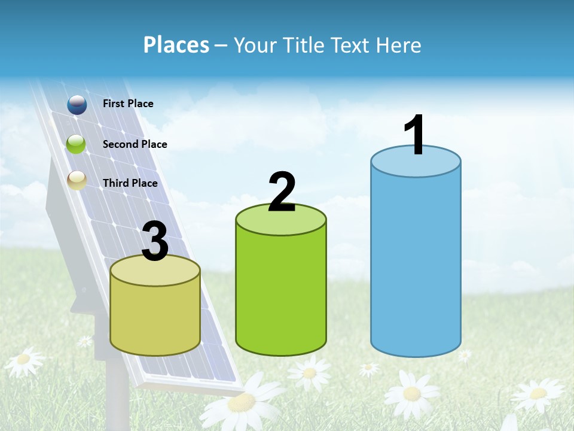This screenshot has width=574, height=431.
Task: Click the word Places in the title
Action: pyautogui.click(x=176, y=45)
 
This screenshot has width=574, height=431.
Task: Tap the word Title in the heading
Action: pyautogui.click(x=303, y=45)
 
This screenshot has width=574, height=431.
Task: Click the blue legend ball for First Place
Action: pyautogui.click(x=77, y=105)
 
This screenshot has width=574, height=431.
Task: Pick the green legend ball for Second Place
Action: pyautogui.click(x=77, y=144)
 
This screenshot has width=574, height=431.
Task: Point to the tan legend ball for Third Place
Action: pyautogui.click(x=77, y=180)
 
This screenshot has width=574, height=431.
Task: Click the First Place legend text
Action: pyautogui.click(x=128, y=104)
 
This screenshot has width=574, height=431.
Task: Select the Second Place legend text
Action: pyautogui.click(x=135, y=144)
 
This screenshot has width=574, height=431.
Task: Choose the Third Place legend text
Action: pyautogui.click(x=130, y=183)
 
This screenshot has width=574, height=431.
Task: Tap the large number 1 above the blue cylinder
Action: pyautogui.click(x=414, y=135)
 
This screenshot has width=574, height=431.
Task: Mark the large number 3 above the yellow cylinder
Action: pyautogui.click(x=155, y=242)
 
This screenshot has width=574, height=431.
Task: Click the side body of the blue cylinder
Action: pyautogui.click(x=416, y=263)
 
